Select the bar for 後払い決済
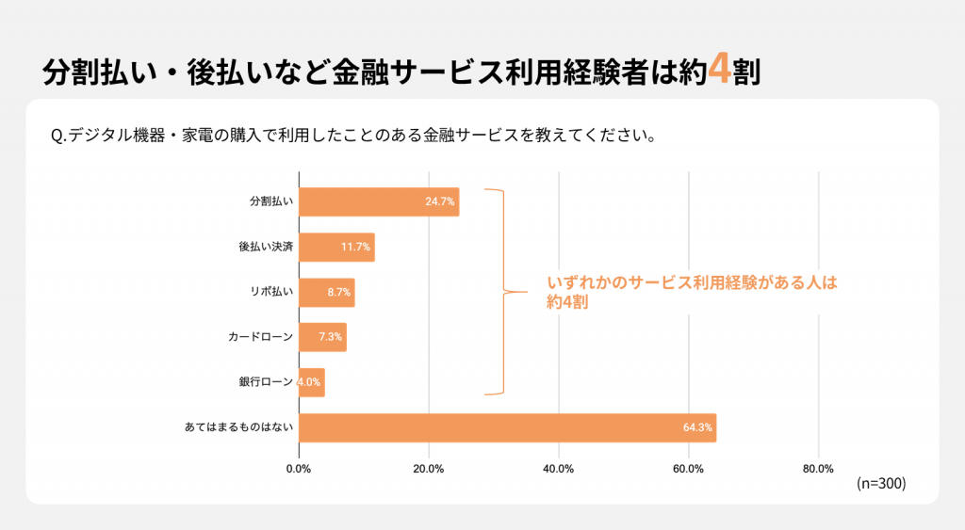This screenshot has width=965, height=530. click(x=336, y=248)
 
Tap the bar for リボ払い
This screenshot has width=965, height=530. click(x=326, y=292)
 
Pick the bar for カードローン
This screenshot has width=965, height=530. click(x=322, y=337)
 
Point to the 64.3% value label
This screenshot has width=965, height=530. click(x=697, y=428)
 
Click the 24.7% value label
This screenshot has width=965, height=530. click(x=440, y=202)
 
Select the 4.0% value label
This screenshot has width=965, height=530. click(x=309, y=382)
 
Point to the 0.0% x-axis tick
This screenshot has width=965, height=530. click(x=299, y=469)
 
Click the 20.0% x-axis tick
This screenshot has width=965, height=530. click(x=429, y=469)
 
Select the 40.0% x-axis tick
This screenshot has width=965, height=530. click(x=559, y=469)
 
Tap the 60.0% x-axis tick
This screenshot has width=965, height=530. click(x=689, y=469)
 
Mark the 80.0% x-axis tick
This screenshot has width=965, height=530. click(x=818, y=469)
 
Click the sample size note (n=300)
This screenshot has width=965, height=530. click(x=881, y=484)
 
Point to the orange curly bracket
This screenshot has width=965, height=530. click(x=499, y=291)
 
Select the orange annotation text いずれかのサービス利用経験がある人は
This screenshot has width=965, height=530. click(x=692, y=282)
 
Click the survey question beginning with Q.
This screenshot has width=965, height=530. click(x=352, y=135)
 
